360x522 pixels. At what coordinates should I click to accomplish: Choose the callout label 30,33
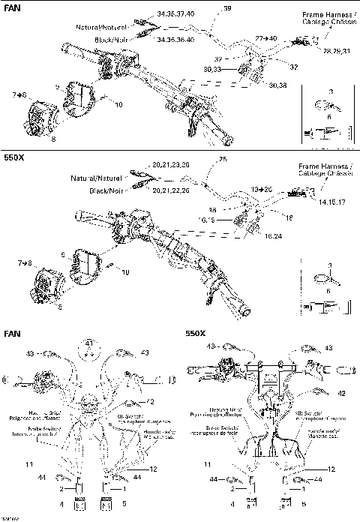[213, 69]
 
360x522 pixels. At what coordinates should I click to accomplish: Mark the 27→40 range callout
[265, 37]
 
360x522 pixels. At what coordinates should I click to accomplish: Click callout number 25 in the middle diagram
[222, 158]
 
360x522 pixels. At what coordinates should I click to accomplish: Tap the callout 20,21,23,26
[171, 164]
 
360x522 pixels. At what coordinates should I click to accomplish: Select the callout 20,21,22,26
[171, 190]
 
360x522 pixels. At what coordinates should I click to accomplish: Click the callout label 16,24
[274, 235]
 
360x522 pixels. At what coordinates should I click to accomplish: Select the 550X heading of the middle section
[15, 158]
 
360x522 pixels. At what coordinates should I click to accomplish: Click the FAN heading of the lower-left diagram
[13, 332]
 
